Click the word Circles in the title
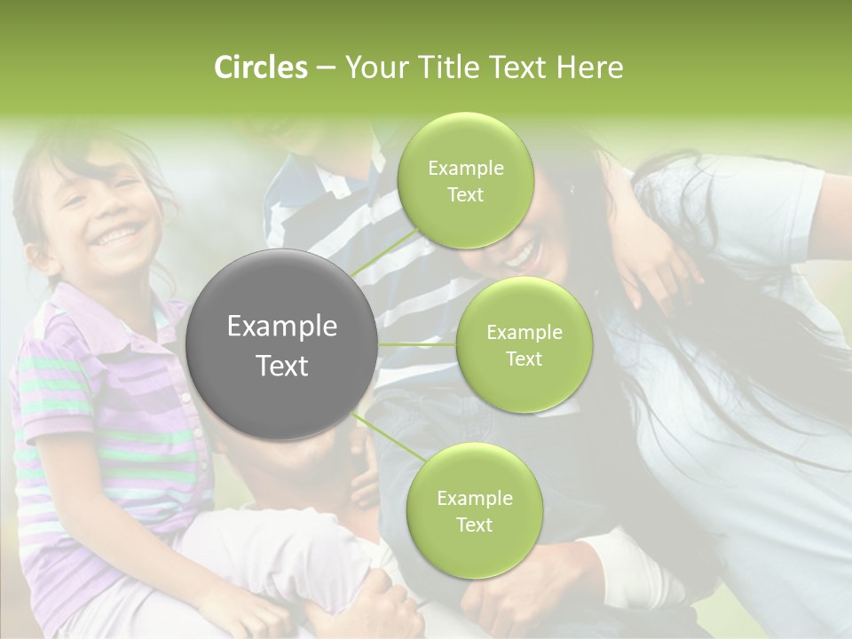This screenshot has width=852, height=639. [260, 67]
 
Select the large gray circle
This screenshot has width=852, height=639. [282, 344]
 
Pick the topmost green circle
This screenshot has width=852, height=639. [465, 181]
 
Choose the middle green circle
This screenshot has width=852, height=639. [524, 344]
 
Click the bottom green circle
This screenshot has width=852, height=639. [474, 510]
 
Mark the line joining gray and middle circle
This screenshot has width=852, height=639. [417, 344]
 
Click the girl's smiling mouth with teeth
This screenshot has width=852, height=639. [121, 235]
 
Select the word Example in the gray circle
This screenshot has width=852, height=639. [282, 327]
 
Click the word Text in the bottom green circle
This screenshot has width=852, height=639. [474, 525]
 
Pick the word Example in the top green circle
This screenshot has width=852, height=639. [465, 168]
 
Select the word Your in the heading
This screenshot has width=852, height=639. [374, 67]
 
